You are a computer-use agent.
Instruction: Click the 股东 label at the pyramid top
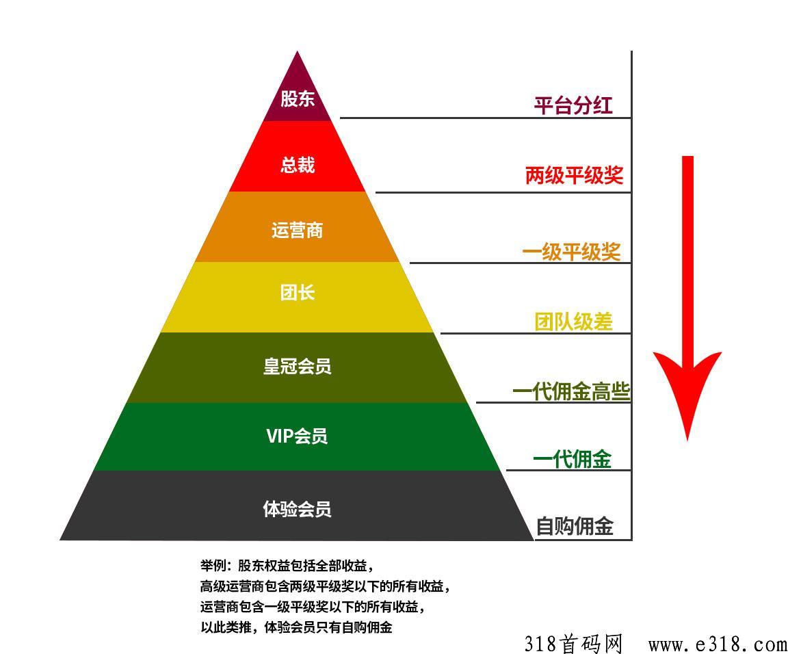point(298,98)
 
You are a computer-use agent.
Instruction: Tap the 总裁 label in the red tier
point(298,165)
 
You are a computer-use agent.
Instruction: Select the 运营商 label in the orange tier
point(297,231)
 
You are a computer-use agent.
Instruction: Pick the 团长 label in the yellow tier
point(298,292)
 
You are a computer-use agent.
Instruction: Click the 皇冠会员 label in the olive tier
point(298,366)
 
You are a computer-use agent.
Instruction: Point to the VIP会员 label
point(297,436)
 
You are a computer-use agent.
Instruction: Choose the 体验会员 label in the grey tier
point(298,509)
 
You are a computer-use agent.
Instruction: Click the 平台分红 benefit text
point(573,105)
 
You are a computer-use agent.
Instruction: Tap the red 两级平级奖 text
point(575,175)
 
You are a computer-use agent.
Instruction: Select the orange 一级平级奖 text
point(572,251)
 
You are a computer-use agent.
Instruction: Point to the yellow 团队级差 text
point(573,322)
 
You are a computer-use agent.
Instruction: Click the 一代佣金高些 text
point(571,391)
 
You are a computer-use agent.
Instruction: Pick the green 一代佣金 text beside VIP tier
point(573,459)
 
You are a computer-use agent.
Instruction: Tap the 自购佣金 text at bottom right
point(575,526)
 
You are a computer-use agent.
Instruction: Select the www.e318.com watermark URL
point(718,644)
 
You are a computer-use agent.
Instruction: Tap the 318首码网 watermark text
point(573,644)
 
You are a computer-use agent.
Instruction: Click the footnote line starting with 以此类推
point(296,627)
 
